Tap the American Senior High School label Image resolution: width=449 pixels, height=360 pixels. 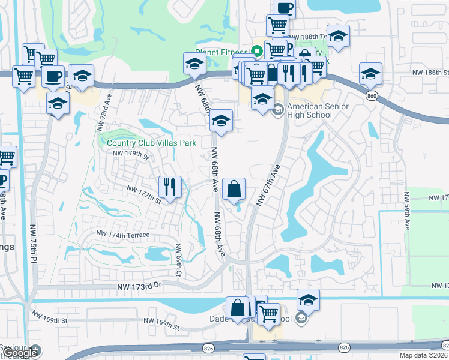pyautogui.click(x=317, y=111)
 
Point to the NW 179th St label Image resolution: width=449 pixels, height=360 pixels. pyautogui.click(x=130, y=154)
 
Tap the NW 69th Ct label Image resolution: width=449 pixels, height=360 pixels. pyautogui.click(x=178, y=260)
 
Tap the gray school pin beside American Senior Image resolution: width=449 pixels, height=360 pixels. pyautogui.click(x=278, y=110)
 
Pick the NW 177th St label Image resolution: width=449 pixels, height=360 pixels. pyautogui.click(x=143, y=193)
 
